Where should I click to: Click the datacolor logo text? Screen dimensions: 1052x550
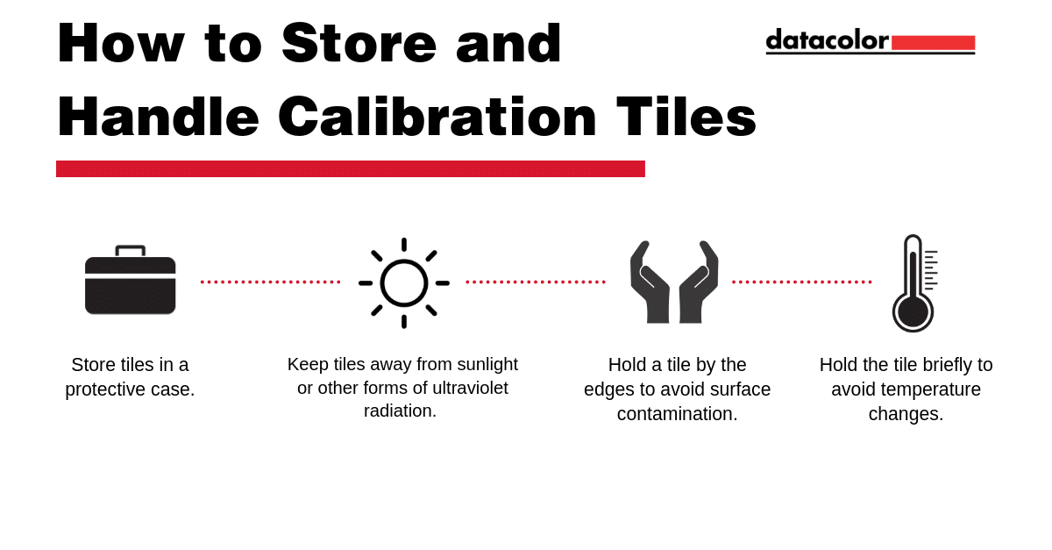[827, 40]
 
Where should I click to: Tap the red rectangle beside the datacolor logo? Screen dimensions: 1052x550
[933, 43]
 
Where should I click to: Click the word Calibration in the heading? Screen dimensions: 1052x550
[437, 117]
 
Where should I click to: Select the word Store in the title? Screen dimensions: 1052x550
[359, 43]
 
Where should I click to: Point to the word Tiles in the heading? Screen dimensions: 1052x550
[686, 117]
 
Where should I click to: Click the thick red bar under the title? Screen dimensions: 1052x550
[351, 168]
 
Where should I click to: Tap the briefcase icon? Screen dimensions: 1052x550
[130, 280]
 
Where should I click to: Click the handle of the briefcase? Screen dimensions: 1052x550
[130, 251]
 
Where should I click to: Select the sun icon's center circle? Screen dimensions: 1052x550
[404, 283]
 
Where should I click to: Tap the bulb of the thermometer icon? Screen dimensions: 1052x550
[913, 312]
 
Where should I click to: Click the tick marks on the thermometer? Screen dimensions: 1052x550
[931, 270]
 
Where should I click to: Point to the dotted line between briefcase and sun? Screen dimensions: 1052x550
[270, 282]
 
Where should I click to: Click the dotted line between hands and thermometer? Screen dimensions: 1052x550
[801, 282]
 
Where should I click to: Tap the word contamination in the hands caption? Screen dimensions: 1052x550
[677, 414]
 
